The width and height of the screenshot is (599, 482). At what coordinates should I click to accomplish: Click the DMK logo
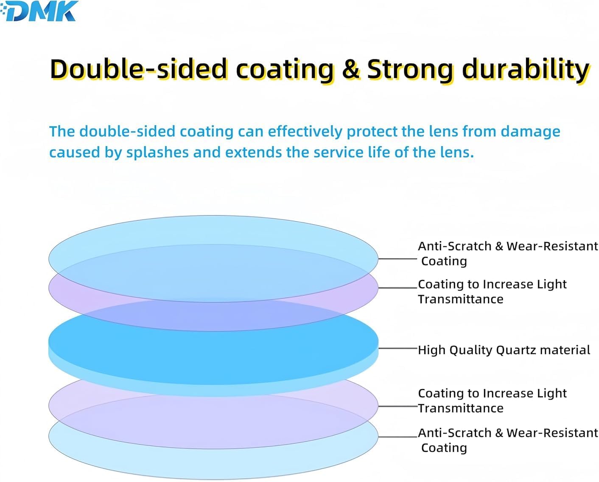point(39,11)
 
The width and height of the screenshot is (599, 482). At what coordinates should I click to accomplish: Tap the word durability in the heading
point(525,70)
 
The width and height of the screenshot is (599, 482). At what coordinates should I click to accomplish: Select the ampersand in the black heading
point(351,69)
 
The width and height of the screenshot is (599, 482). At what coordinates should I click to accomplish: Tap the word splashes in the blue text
point(157,153)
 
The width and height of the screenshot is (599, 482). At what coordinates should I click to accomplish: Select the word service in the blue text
point(338,153)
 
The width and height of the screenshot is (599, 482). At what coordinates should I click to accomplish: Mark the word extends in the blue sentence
point(253,153)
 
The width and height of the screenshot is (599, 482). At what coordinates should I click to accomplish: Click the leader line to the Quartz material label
point(397,348)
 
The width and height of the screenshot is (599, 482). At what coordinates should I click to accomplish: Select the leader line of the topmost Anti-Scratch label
point(397,259)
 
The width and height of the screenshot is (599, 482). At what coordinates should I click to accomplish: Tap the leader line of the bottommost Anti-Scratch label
point(397,437)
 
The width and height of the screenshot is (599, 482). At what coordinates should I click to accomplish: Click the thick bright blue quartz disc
point(213,348)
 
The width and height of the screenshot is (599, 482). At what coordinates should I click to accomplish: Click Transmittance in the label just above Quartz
point(461,299)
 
